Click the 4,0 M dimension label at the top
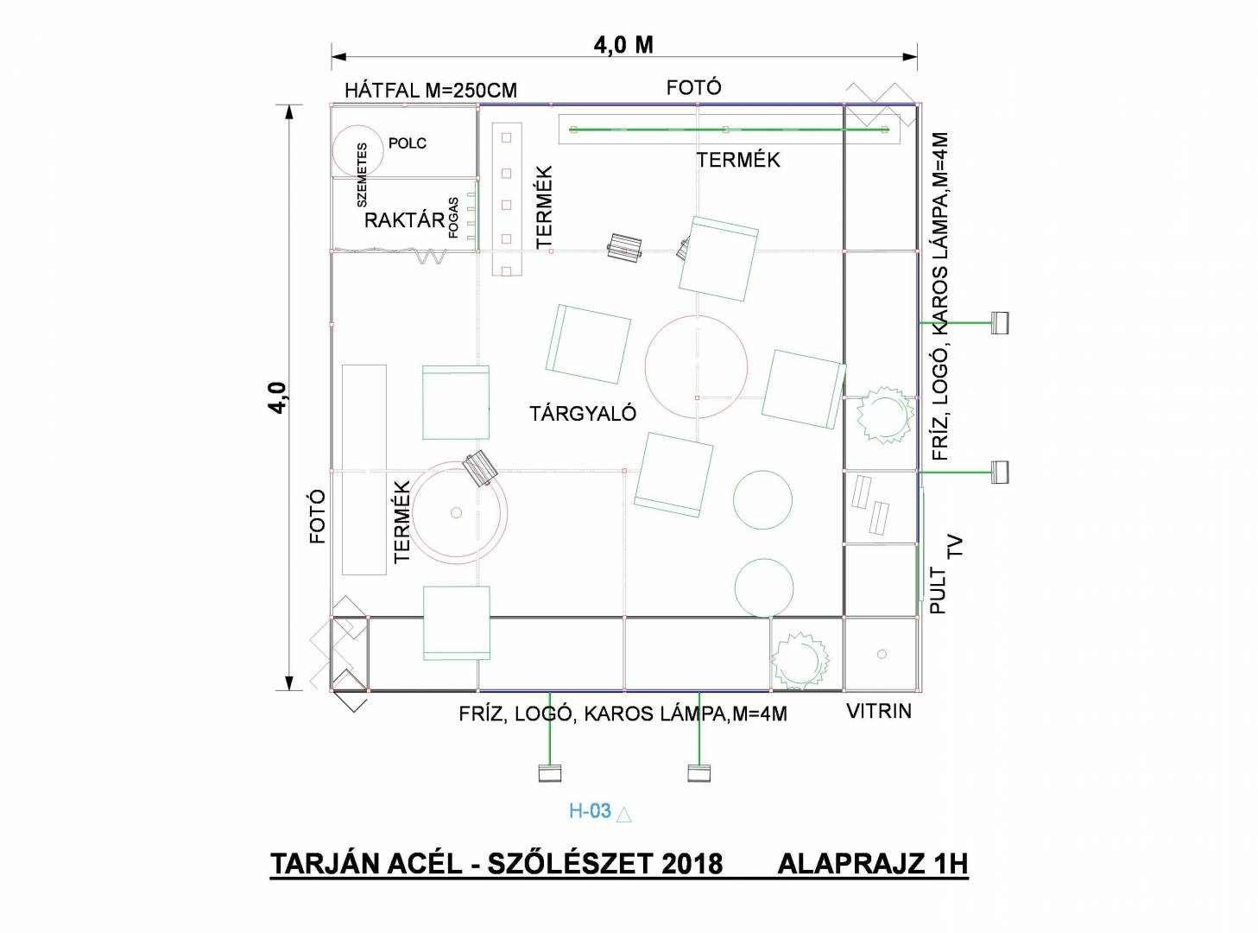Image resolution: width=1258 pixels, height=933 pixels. click(623, 45)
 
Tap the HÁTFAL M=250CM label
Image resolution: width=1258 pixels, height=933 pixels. click(431, 91)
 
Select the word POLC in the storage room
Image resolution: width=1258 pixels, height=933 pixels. click(408, 143)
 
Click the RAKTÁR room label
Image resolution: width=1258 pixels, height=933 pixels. click(404, 220)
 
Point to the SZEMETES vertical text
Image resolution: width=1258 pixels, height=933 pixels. click(362, 175)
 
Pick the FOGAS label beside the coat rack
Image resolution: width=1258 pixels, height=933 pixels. click(453, 218)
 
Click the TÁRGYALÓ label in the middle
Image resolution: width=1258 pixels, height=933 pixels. click(583, 413)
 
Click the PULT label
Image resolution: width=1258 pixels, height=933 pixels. click(939, 592)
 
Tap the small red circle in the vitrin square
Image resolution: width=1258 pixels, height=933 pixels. click(882, 654)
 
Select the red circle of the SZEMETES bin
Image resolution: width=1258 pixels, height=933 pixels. click(332, 149)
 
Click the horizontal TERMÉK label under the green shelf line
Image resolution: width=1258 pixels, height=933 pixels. click(738, 160)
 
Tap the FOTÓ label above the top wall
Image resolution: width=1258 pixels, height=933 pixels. click(693, 87)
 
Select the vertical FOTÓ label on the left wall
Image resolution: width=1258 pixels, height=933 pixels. click(318, 517)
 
